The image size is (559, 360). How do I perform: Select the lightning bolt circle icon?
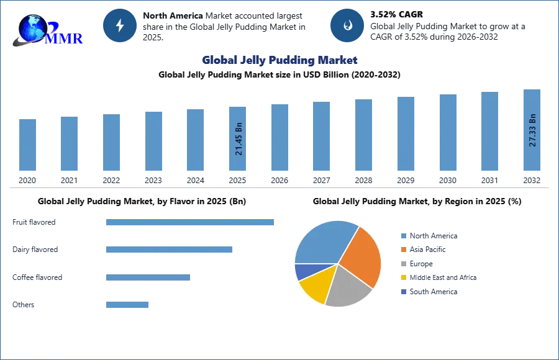(x=120, y=25)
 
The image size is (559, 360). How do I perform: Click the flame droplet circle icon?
(x=347, y=25)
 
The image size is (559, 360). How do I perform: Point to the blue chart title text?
(x=279, y=60)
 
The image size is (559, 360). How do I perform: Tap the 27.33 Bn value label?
(x=532, y=130)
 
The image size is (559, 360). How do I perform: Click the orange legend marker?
(x=403, y=250)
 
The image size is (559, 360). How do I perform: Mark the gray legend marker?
(x=403, y=264)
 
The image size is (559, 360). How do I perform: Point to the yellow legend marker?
(x=403, y=278)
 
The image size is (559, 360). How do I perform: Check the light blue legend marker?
(x=403, y=235)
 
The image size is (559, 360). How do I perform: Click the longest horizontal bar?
(x=191, y=223)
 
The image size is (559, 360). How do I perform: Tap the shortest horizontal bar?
(x=127, y=304)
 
